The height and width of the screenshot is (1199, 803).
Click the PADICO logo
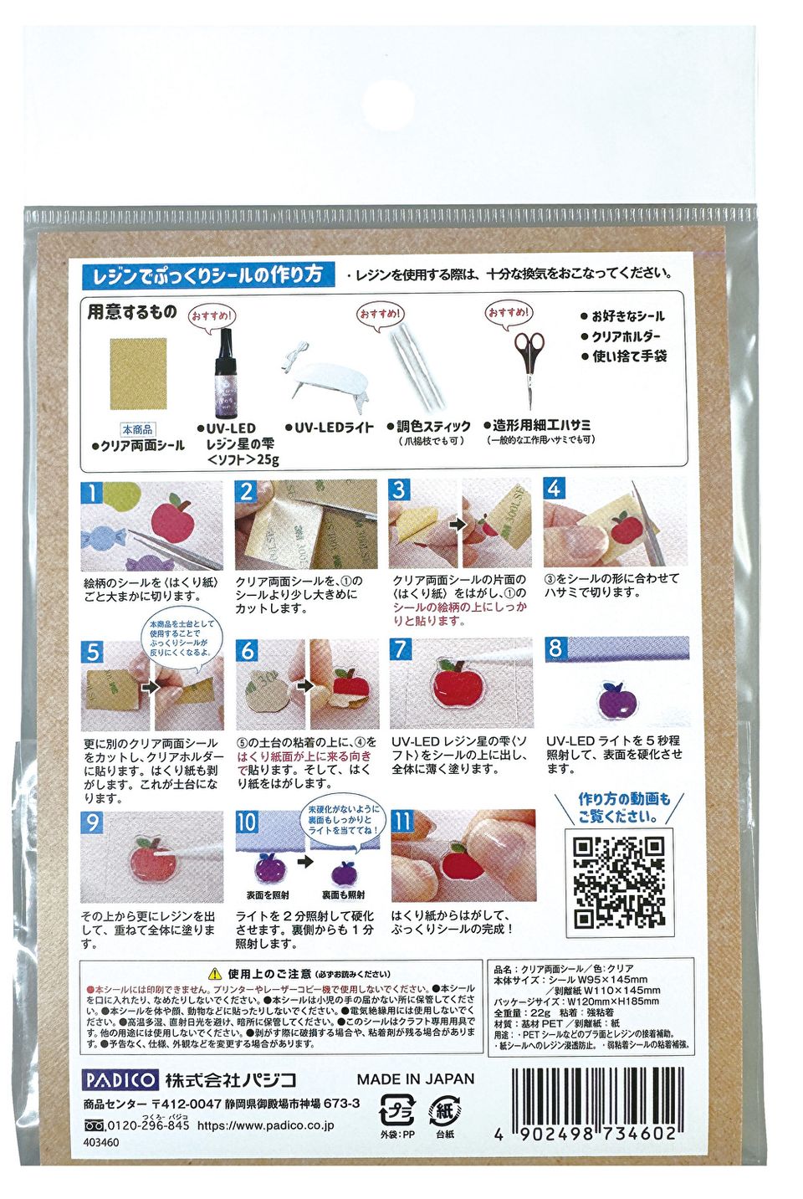pos(120,1079)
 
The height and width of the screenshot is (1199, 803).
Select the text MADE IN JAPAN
pos(415,1079)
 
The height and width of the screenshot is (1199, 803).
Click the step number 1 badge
pos(92,492)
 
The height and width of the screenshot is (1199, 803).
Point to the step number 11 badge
pos(402,821)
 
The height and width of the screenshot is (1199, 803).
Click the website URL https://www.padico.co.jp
pos(265,1125)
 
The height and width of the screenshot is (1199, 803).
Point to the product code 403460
pos(101,1142)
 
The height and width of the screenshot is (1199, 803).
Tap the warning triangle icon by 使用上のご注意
pos(214,974)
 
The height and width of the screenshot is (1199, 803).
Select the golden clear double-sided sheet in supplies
pos(138,373)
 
